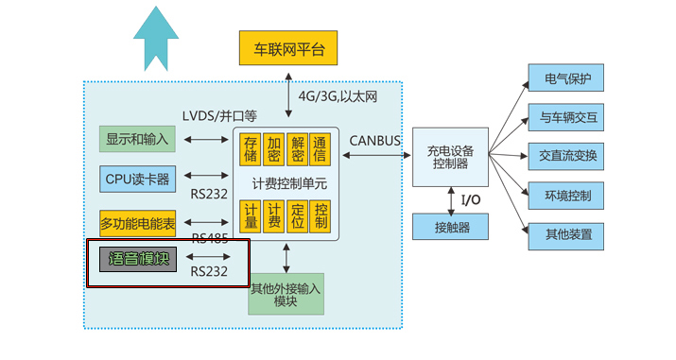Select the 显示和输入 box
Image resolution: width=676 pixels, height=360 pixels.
coord(137,139)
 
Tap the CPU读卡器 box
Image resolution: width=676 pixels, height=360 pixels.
coord(137,178)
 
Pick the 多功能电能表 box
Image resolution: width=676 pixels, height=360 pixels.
coord(137,224)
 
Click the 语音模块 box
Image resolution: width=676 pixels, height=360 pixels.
coord(137,258)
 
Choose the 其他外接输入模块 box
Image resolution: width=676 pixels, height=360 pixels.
coord(286,294)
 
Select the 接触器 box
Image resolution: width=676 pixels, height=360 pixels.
coord(449,227)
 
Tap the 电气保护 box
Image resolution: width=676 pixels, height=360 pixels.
coord(566,78)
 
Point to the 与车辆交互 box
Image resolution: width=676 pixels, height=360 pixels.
coord(566,118)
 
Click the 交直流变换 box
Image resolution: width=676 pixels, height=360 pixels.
coord(566,157)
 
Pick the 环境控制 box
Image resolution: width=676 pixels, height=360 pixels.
coord(566,197)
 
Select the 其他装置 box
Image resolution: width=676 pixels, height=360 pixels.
coord(566,235)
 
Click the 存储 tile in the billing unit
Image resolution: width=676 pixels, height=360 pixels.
coord(251,150)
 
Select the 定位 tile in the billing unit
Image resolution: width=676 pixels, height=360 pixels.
coord(298,216)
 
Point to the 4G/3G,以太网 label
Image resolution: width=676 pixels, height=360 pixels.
coord(338,95)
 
